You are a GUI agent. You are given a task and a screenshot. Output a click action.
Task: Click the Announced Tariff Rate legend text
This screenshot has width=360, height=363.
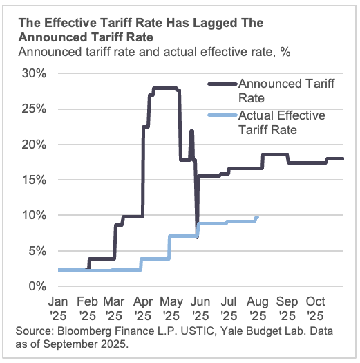point(283,90)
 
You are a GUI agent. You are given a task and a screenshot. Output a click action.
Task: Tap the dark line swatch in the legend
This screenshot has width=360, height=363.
point(221,84)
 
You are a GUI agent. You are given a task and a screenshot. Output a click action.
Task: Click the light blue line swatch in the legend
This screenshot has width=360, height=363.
point(221,116)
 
